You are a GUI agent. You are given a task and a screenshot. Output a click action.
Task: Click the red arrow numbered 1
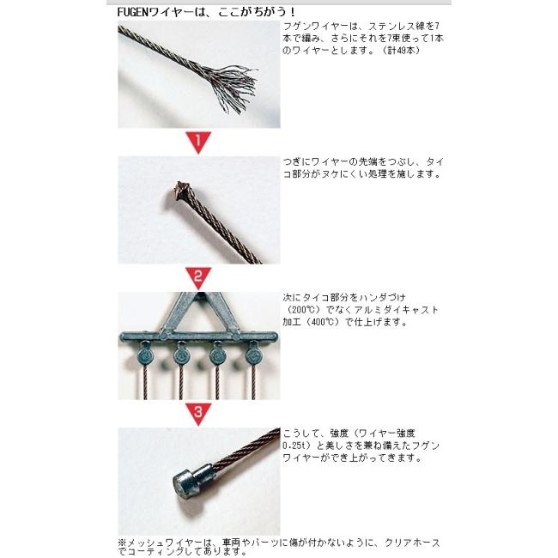(x=198, y=142)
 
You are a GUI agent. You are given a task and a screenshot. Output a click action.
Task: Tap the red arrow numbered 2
(x=198, y=277)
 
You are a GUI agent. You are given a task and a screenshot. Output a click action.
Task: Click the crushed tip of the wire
(x=183, y=188)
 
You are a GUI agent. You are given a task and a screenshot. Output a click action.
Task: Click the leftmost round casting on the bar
(x=145, y=353)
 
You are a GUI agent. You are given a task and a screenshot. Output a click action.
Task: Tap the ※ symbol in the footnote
(x=122, y=543)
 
